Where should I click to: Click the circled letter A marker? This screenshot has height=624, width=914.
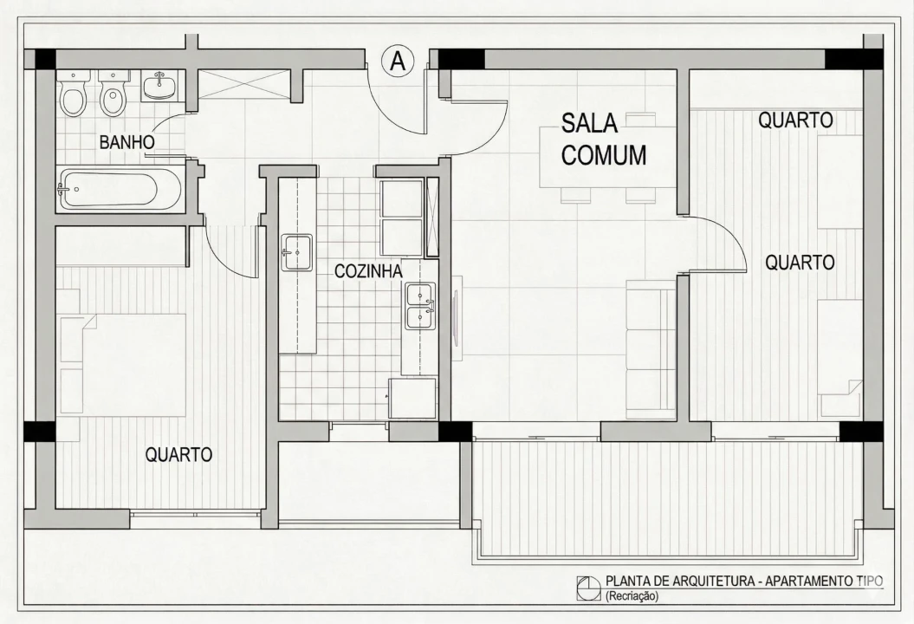coord(398,61)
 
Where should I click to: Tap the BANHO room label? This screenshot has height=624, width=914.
coord(126,142)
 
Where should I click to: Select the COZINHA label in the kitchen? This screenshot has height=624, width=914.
coord(368,271)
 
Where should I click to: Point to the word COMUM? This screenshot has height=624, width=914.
coord(604,155)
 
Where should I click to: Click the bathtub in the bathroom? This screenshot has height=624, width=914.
coord(120,188)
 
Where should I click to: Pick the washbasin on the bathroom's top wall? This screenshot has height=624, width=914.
coord(159,86)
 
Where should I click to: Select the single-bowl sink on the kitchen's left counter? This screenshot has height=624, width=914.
coord(296,251)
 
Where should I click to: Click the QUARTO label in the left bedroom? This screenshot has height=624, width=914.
coord(178,454)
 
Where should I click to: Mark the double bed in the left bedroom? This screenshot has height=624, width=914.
coord(130,364)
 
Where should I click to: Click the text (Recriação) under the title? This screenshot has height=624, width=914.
coord(632,596)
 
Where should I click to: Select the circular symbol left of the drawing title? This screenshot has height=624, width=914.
coord(588,588)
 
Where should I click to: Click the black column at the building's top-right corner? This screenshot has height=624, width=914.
coord(852,59)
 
